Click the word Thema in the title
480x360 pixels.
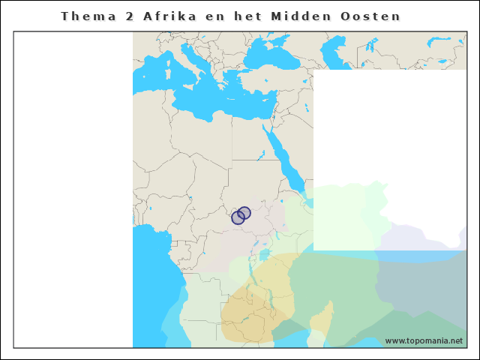[x=85, y=16]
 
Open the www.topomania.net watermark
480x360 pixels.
[x=424, y=340]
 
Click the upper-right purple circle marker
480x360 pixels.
[x=244, y=213]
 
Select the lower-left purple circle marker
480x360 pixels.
[x=238, y=218]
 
